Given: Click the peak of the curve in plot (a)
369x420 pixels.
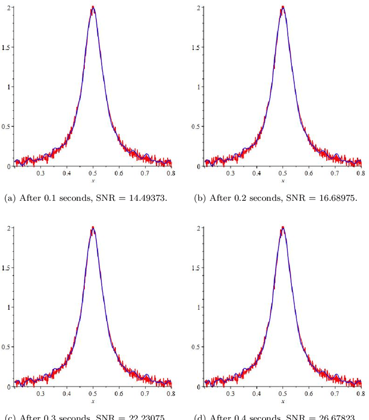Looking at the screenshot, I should pos(93,8).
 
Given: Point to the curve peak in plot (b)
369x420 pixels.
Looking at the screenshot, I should pos(283,8).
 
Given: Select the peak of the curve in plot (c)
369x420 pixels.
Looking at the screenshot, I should pos(93,228).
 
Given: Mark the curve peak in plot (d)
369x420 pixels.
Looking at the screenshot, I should pos(283,228).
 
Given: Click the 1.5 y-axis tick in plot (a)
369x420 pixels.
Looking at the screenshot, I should pos(6,47).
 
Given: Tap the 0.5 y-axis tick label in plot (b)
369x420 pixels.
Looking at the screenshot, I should pos(196,126).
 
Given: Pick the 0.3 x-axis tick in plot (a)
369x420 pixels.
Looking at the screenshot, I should pos(40,172).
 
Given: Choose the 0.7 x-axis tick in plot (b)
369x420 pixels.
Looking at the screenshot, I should pos(334,172).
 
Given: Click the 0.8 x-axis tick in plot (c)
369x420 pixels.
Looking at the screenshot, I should pos(171,393).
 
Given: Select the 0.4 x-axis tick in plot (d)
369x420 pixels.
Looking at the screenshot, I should pos(256,393).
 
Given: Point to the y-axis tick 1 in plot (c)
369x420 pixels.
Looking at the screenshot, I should pos(9,307).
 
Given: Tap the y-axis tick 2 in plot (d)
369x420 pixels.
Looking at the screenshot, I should pos(198,228).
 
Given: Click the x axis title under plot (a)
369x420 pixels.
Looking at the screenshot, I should pos(93,181).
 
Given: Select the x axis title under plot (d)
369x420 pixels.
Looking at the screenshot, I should pos(283,401).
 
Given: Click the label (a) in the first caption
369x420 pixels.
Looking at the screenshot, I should pos(10,198).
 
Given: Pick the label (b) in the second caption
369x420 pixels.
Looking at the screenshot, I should pos(199,198).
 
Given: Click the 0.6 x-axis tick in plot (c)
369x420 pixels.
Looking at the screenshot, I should pos(119,393).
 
